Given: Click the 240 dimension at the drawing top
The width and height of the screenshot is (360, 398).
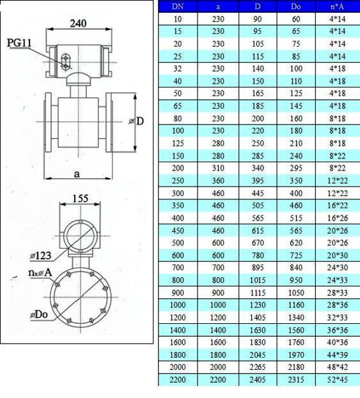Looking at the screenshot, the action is pyautogui.click(x=78, y=24).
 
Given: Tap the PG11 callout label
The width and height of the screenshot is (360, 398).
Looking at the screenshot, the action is pyautogui.click(x=19, y=42).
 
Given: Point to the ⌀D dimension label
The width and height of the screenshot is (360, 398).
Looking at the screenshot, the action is pyautogui.click(x=136, y=121).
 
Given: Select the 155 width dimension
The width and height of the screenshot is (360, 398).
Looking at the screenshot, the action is pyautogui.click(x=81, y=198).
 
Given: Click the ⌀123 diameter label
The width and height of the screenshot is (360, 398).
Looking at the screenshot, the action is pyautogui.click(x=41, y=256).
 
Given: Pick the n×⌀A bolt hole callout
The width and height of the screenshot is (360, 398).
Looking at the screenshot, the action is pyautogui.click(x=40, y=273).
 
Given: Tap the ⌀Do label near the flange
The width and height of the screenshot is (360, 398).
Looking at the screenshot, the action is pyautogui.click(x=39, y=315).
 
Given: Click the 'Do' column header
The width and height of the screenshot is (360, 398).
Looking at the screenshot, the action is pyautogui.click(x=296, y=6).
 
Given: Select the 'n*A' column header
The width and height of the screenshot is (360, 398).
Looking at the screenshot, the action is pyautogui.click(x=337, y=6).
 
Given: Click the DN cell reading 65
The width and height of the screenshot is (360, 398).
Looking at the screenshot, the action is pyautogui.click(x=178, y=106).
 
